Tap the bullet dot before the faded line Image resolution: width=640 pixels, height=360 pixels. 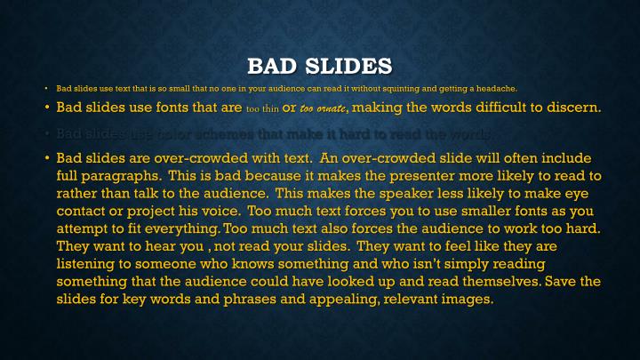pos(47,133)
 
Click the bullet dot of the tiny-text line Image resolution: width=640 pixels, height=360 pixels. pos(47,88)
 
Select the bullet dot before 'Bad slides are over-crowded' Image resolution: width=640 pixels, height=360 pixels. pos(47,157)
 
